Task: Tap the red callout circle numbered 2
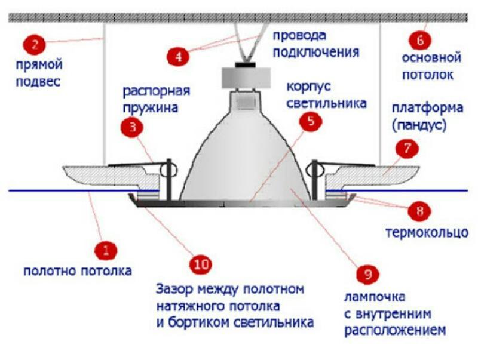(34, 44)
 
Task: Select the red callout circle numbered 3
(132, 126)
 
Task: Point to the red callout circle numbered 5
(311, 123)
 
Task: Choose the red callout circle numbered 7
(407, 149)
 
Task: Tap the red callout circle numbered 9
(367, 275)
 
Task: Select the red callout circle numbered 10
(201, 264)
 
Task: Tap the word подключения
(317, 51)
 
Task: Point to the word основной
(431, 59)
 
